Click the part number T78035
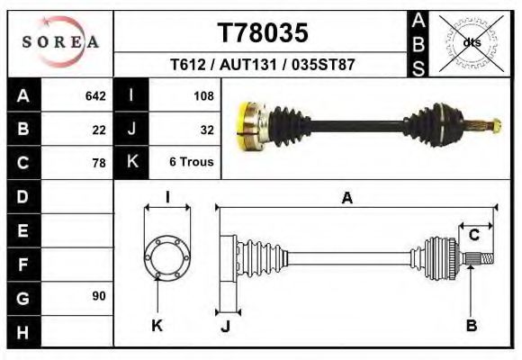[x=263, y=33]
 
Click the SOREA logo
[x=60, y=41]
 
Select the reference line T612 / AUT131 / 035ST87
[x=263, y=66]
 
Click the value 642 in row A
[x=94, y=95]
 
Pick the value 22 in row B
[x=98, y=129]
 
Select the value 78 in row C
[x=98, y=163]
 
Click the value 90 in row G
[x=98, y=296]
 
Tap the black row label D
[x=22, y=196]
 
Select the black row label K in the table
[x=132, y=162]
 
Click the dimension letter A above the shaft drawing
[x=346, y=199]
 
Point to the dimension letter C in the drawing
[x=473, y=236]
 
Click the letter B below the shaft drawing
[x=471, y=325]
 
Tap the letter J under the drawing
[x=226, y=326]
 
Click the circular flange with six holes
[x=167, y=255]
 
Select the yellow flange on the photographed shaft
[x=247, y=126]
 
